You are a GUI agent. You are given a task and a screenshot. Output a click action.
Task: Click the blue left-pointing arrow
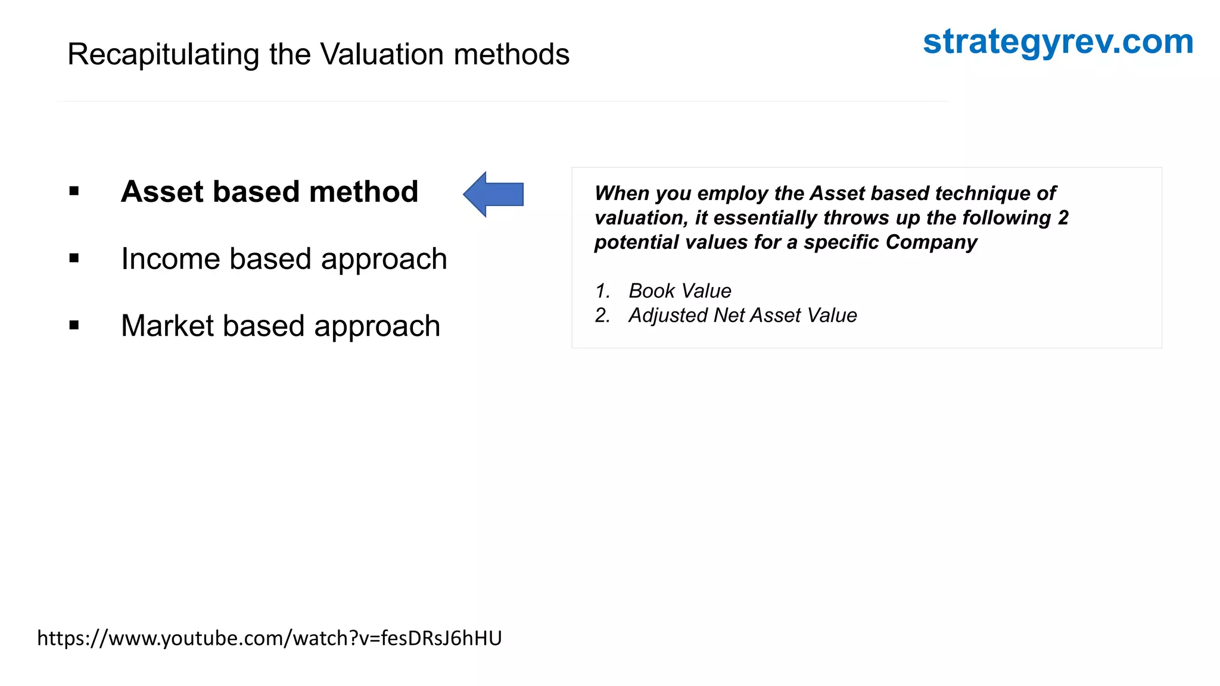[x=493, y=194]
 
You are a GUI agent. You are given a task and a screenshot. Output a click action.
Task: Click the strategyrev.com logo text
[x=1058, y=43]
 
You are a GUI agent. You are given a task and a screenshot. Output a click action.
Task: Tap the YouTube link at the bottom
[x=269, y=638]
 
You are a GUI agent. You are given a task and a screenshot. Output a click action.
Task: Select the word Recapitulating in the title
[x=163, y=55]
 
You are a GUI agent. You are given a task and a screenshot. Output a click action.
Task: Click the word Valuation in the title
[x=384, y=55]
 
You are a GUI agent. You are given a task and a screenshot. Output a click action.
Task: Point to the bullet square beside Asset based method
[x=74, y=191]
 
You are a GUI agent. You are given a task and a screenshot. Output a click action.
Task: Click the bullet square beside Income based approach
[x=74, y=258]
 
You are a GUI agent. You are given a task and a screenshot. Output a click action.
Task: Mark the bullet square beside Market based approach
[x=74, y=325]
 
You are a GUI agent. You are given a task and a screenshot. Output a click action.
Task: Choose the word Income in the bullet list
[x=170, y=259]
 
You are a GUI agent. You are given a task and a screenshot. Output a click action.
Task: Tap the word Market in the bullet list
[x=167, y=326]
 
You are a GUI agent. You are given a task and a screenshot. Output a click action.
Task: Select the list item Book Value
[x=680, y=291]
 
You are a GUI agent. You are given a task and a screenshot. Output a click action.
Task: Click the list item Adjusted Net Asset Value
[x=742, y=316]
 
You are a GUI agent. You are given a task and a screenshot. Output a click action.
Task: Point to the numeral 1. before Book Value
[x=602, y=291]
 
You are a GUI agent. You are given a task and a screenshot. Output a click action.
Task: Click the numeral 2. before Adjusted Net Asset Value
[x=602, y=316]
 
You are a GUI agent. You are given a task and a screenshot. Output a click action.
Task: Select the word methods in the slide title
[x=512, y=55]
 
